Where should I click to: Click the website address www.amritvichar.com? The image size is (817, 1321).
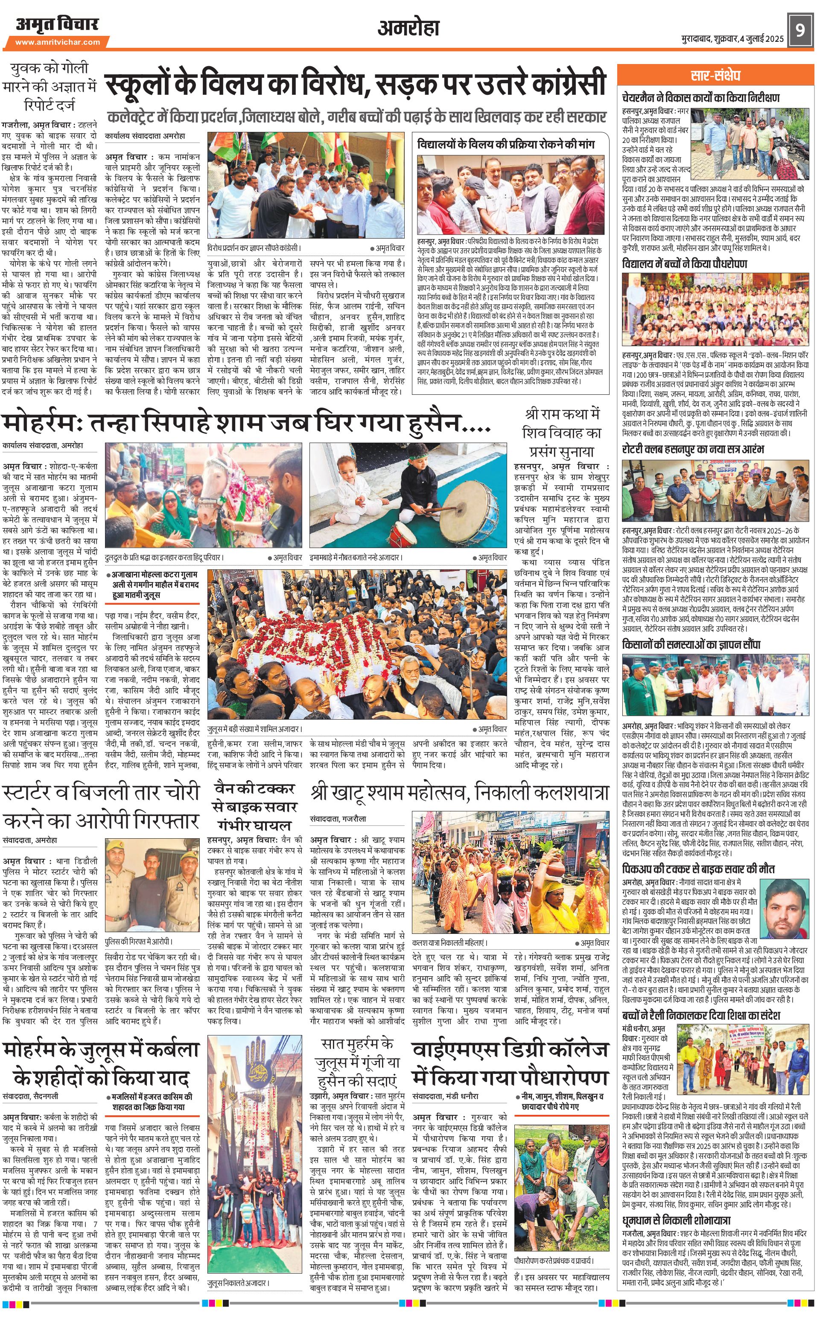[57, 41]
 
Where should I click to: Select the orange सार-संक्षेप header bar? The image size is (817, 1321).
[715, 75]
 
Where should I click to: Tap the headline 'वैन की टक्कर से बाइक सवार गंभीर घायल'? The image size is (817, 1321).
[254, 807]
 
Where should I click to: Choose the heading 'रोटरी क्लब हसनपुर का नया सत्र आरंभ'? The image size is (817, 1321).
[693, 449]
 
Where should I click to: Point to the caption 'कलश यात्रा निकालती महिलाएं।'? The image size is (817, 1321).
[449, 942]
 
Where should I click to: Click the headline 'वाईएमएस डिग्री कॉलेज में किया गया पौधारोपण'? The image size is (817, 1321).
[510, 1063]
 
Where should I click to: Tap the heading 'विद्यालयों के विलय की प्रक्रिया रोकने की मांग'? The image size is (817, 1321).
[506, 144]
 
